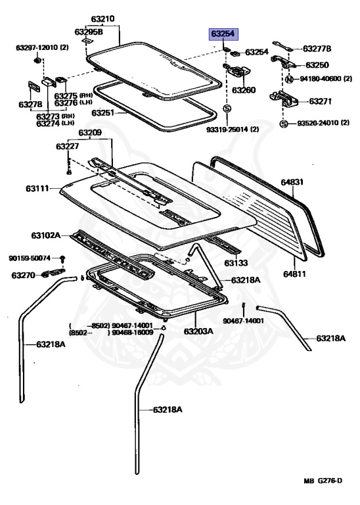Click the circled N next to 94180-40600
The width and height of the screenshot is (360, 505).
[x=288, y=80]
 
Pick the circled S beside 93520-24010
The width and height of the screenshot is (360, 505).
[x=283, y=124]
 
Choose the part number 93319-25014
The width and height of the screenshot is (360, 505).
[x=242, y=129]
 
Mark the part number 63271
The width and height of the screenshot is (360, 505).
[x=321, y=101]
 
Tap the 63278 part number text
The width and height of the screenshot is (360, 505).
[x=30, y=105]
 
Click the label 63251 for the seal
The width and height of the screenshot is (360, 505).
[x=104, y=113]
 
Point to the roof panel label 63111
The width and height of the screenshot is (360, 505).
[x=39, y=189]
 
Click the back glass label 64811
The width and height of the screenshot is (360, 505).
[x=294, y=273]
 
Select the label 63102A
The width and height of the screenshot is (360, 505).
[x=45, y=235]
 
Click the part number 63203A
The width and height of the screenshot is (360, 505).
[x=198, y=331]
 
